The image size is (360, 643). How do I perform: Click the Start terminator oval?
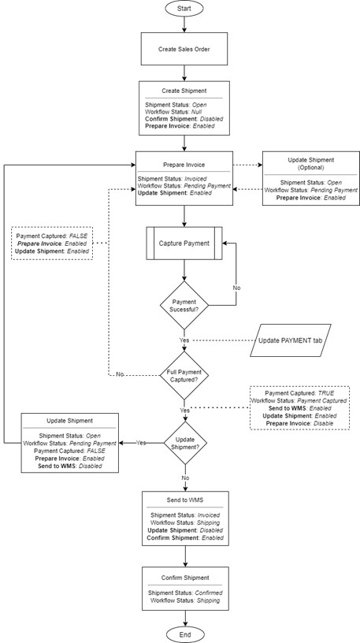[x=184, y=9]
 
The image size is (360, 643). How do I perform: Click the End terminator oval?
[x=184, y=633]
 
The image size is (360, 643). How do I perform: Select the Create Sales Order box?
[x=184, y=48]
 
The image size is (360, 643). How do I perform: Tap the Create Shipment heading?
[x=184, y=91]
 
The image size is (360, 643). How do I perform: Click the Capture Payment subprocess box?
[x=184, y=243]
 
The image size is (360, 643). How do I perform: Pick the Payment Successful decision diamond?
[x=184, y=306]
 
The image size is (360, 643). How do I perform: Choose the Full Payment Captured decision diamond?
[x=184, y=375]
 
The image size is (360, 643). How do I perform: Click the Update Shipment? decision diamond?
[x=184, y=443]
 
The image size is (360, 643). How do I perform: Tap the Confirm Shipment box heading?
[x=184, y=577]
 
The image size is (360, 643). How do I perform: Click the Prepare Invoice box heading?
[x=184, y=165]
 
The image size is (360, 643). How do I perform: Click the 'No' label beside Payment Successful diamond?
[x=236, y=288]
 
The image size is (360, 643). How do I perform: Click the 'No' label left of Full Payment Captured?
[x=120, y=375]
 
